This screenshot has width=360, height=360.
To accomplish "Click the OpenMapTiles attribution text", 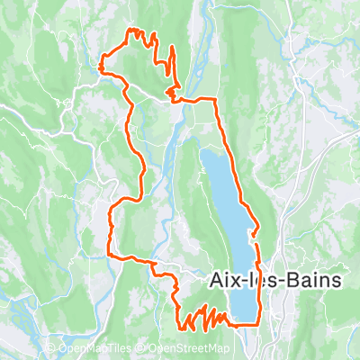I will (98, 348).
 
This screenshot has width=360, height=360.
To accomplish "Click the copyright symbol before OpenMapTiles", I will (50, 348).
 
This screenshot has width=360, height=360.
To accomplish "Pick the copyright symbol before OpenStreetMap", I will (142, 348).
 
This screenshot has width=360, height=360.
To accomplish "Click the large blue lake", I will (225, 207).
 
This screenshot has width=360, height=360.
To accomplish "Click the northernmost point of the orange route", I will (138, 30).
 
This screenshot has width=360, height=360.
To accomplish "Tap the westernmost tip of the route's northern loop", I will (100, 64).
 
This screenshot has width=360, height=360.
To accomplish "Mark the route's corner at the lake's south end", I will (260, 321).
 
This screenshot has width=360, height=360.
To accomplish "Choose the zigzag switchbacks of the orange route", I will (202, 318).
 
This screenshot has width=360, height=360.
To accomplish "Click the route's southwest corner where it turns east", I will (111, 256).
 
